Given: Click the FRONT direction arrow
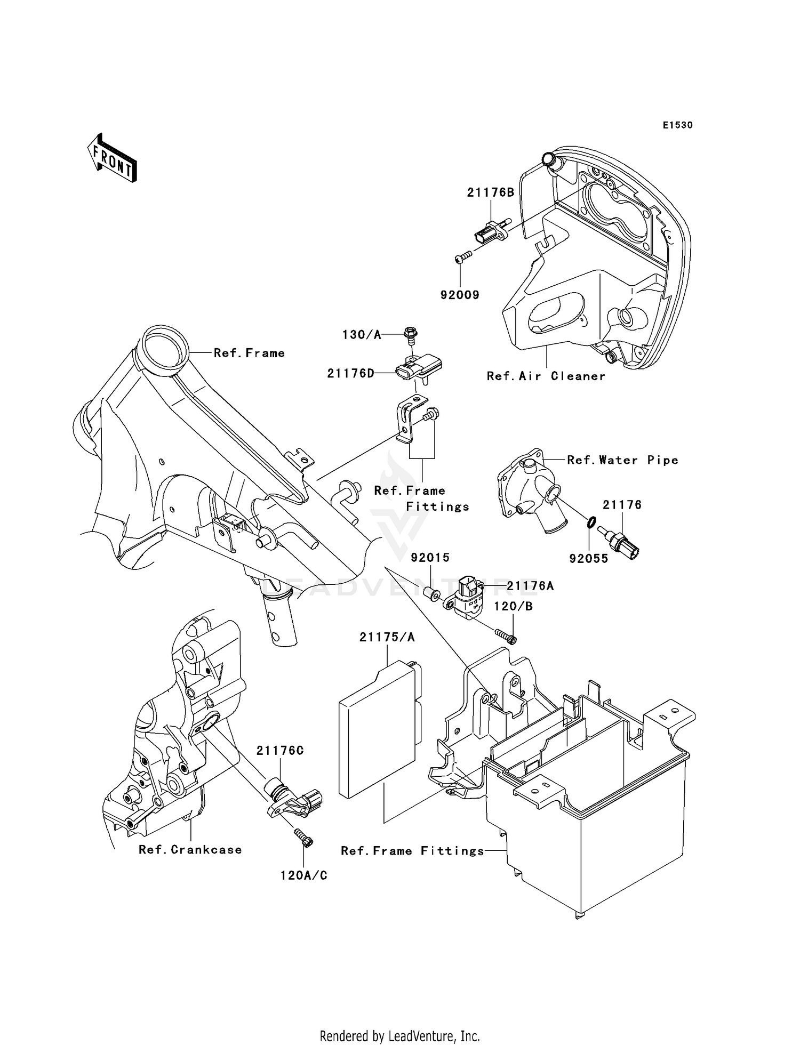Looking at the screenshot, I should coord(113,158).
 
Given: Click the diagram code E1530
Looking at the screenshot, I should coord(677,125).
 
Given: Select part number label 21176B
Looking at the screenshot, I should coord(491,192).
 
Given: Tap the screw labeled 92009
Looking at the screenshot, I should coord(464,258).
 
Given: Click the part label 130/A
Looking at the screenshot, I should coord(362,335).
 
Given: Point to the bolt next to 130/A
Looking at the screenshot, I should coord(411,334).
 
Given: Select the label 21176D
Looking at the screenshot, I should coord(350,374).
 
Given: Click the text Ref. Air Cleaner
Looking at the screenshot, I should coord(546,376).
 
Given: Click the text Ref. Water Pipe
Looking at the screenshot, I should coord(622,460).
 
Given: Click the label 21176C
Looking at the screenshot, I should coord(280,751).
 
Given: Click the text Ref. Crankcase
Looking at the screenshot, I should coord(190,850).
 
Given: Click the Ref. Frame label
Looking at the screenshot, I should coord(249,353).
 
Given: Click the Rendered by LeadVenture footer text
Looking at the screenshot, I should coord(399,1036).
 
